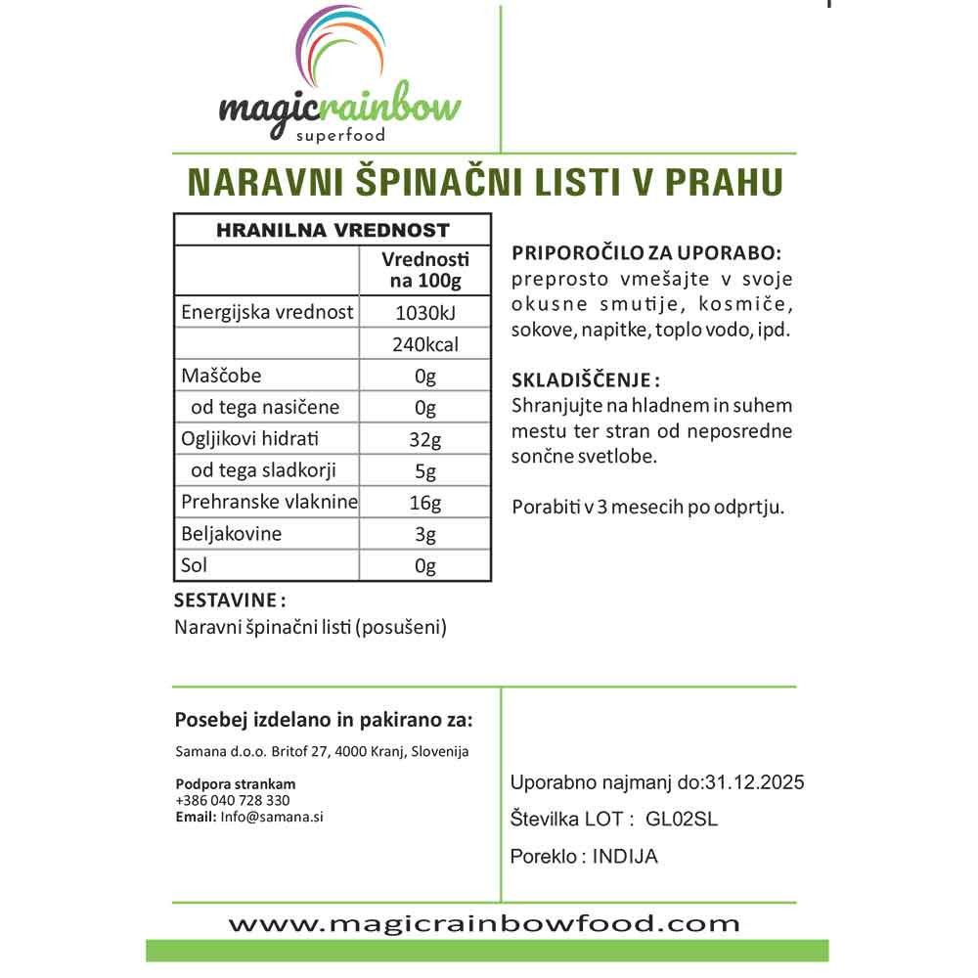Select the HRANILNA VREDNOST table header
[332, 231]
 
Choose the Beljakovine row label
[232, 534]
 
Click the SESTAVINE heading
[230, 599]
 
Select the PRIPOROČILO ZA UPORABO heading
[646, 253]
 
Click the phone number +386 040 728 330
[233, 800]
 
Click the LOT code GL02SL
[683, 820]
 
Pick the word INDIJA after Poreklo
[625, 857]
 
